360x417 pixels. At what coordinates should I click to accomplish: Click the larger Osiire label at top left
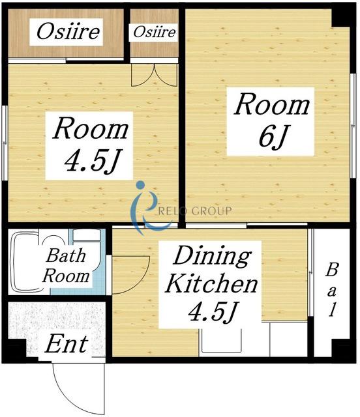pyautogui.click(x=68, y=32)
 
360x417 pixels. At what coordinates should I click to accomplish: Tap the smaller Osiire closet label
pyautogui.click(x=155, y=33)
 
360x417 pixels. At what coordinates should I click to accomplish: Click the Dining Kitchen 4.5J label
pyautogui.click(x=211, y=284)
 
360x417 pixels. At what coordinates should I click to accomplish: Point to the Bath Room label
pyautogui.click(x=66, y=266)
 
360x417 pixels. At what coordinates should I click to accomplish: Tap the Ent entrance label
pyautogui.click(x=67, y=344)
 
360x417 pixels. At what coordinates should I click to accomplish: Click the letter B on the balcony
pyautogui.click(x=332, y=270)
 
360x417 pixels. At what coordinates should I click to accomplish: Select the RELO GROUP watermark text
pyautogui.click(x=195, y=211)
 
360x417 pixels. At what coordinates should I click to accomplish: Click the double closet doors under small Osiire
pyautogui.click(x=154, y=75)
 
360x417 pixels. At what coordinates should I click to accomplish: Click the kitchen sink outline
pyautogui.click(x=222, y=341)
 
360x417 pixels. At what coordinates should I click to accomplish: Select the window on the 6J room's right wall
pyautogui.click(x=353, y=126)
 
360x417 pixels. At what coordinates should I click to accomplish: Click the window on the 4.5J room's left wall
pyautogui.click(x=5, y=143)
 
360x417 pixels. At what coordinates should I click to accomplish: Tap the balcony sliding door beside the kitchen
pyautogui.click(x=310, y=272)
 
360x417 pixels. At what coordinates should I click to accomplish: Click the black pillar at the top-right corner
pyautogui.click(x=344, y=16)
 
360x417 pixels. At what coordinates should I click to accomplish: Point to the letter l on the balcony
pyautogui.click(x=332, y=309)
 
